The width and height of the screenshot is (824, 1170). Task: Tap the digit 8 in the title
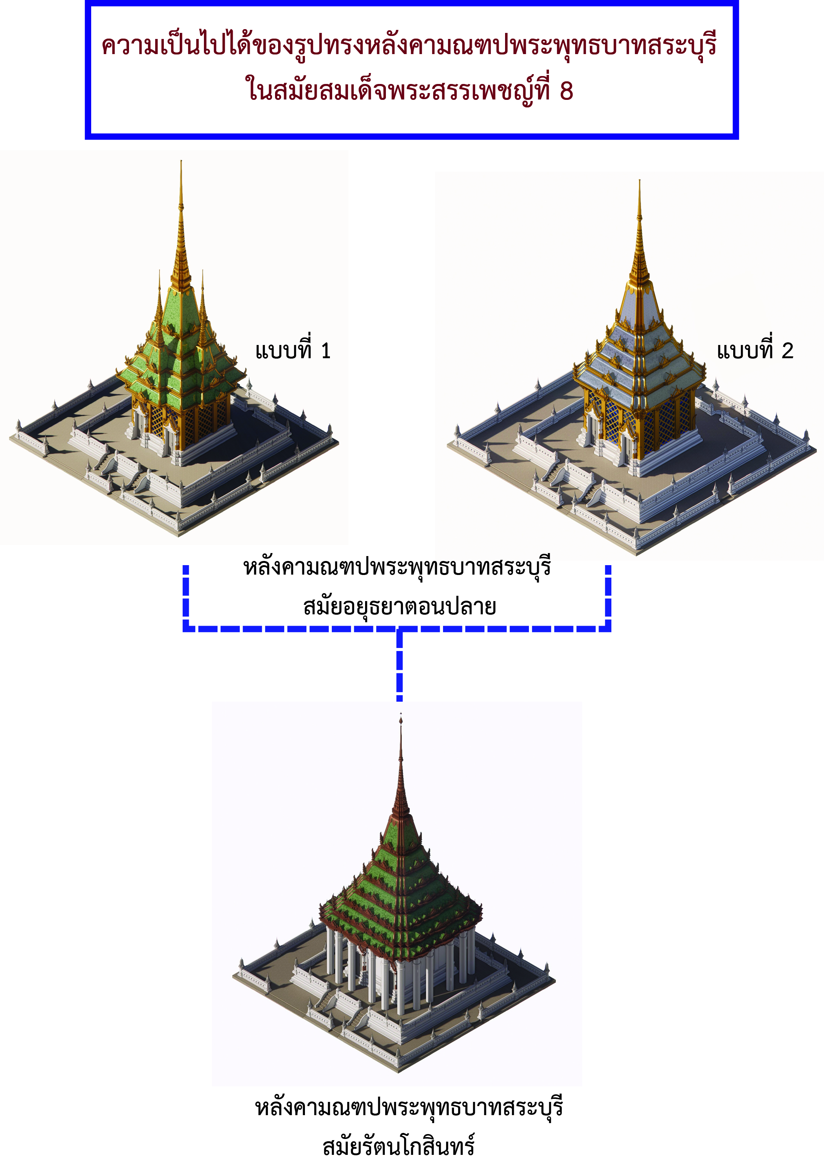click(x=566, y=91)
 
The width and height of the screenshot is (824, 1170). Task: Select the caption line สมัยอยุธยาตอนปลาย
click(x=400, y=606)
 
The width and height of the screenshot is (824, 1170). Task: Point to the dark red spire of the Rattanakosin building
click(x=401, y=780)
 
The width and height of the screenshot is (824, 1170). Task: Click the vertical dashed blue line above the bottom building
click(x=400, y=668)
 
